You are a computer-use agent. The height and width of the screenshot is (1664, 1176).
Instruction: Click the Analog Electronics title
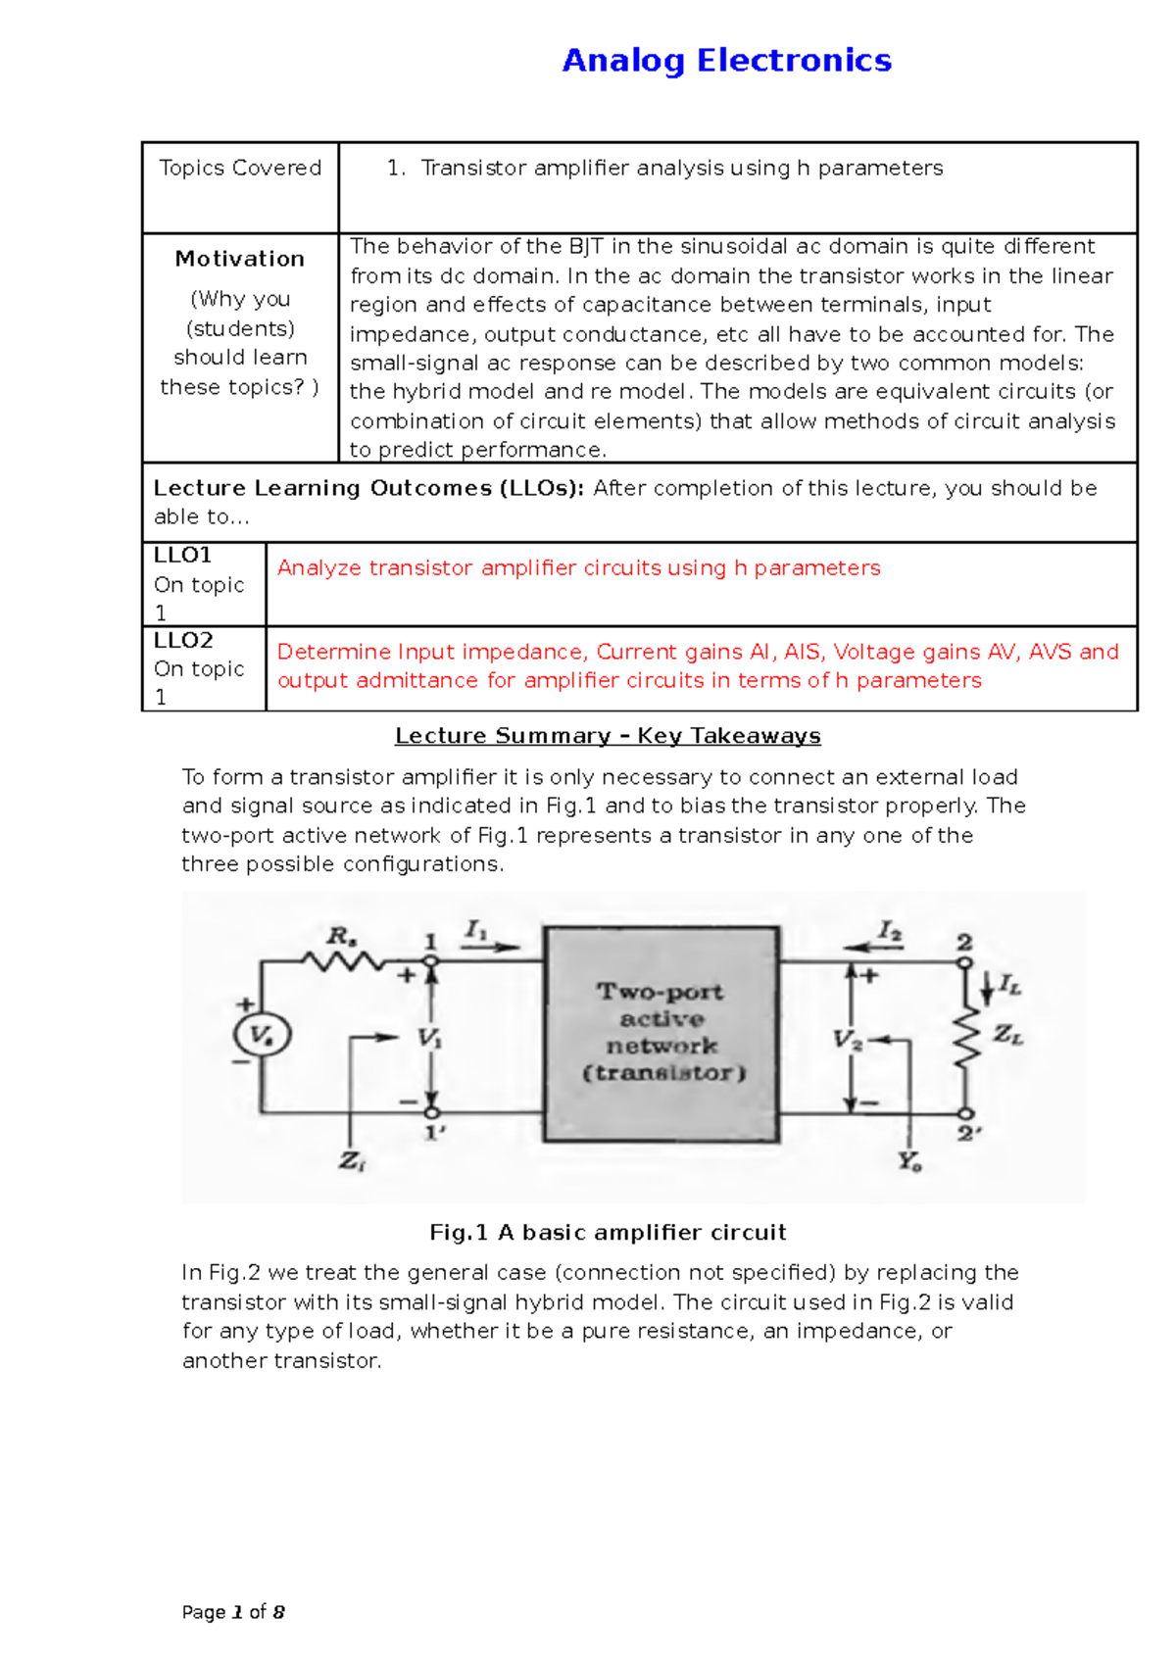pos(726,61)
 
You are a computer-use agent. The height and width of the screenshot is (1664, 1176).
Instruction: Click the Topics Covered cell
pos(240,168)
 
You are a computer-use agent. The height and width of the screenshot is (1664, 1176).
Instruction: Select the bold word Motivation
pos(240,259)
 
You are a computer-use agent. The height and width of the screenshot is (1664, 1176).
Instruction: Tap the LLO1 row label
pos(183,556)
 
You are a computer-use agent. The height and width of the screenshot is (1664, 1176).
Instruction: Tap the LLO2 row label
pos(183,640)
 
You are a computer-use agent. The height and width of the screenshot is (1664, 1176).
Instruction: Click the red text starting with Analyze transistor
pos(578,568)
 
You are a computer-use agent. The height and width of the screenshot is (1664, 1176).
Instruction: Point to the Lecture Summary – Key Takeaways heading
pos(608,736)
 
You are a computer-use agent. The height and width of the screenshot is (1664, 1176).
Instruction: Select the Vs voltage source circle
pos(262,1036)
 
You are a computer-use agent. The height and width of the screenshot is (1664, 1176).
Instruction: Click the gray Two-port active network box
pos(661,1034)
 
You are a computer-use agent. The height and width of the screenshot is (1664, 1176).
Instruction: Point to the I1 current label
pos(476,929)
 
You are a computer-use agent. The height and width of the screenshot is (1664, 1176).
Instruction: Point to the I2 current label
pos(889,930)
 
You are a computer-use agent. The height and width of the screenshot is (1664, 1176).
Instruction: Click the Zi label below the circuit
pos(352,1161)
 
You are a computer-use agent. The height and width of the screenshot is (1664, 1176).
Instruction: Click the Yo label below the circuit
pos(909,1162)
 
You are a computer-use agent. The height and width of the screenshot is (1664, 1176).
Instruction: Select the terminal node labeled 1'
pos(431,1112)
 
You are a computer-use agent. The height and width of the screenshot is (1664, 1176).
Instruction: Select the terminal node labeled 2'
pos(965,1113)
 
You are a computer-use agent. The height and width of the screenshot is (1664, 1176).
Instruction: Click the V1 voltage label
pos(429,1037)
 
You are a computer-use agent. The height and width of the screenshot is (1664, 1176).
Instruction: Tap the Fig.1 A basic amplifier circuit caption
pos(608,1233)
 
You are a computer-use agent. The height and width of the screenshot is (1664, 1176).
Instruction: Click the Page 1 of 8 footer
pos(233,1612)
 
